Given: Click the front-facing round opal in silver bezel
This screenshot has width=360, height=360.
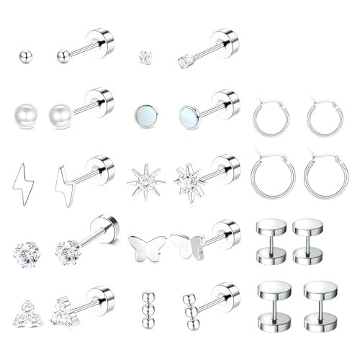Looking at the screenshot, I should (x=143, y=114).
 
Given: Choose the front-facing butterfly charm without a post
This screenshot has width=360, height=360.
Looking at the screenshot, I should (x=143, y=247).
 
